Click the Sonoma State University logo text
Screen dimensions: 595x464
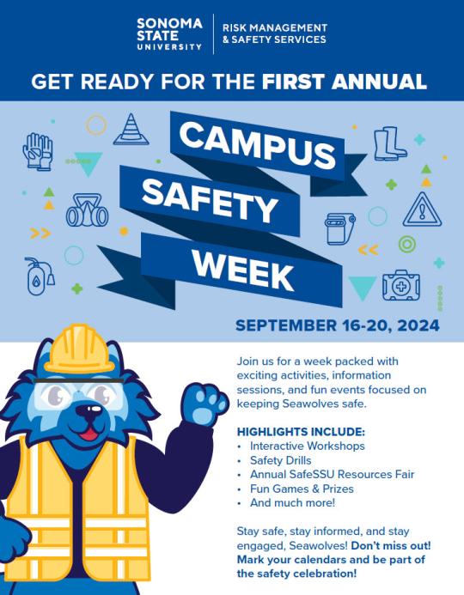tap(169, 33)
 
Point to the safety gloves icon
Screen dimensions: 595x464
tap(38, 151)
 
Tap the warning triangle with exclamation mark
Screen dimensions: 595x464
tap(421, 209)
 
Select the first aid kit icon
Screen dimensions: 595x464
tap(401, 283)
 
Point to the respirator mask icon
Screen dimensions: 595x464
tap(87, 210)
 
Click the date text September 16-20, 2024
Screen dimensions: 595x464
tap(337, 325)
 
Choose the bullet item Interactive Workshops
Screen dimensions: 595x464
tap(307, 446)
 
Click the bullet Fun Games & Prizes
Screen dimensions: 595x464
tap(301, 489)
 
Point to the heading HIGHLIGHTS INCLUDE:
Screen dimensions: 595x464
tap(300, 431)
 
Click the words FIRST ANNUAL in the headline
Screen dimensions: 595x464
tap(345, 82)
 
